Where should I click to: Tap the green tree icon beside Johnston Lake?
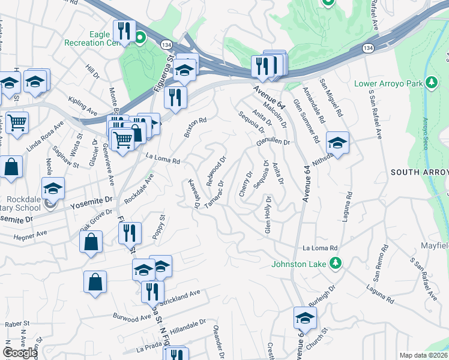click(x=337, y=263)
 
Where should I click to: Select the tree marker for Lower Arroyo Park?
click(x=430, y=82)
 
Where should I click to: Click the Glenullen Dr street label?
click(x=273, y=142)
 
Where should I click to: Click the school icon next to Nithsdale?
click(x=337, y=143)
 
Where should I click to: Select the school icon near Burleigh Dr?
click(x=305, y=318)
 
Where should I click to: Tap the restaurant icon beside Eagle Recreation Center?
click(x=124, y=31)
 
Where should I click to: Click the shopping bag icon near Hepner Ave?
click(x=91, y=242)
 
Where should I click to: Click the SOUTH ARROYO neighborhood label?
click(x=419, y=172)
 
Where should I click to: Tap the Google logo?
click(x=20, y=352)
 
